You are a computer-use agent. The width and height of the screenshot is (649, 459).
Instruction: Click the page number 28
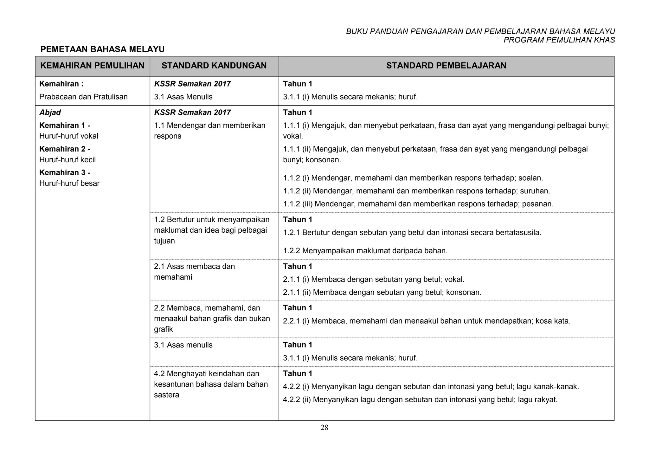coord(324,428)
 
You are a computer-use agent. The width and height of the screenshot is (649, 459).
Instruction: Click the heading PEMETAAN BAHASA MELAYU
coord(102,49)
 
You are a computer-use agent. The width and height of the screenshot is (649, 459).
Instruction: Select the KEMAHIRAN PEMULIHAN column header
coord(92,66)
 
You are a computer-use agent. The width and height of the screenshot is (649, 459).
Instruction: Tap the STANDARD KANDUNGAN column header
coord(214,66)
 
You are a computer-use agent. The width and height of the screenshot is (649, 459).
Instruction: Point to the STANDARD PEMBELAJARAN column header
coord(446,66)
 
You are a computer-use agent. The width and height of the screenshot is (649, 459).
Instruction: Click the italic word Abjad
coord(50,113)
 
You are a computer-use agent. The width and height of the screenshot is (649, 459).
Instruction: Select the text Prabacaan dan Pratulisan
coord(83,97)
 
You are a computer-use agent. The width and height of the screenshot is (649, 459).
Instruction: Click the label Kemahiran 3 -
coord(65,173)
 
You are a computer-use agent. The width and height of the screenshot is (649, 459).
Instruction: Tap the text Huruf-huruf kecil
coord(67,160)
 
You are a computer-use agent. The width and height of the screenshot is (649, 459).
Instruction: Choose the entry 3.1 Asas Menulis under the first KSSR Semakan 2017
coord(183,97)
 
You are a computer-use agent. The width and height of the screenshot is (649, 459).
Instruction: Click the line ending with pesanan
coord(418,204)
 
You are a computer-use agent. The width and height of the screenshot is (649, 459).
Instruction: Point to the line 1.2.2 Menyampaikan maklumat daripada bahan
coord(365,251)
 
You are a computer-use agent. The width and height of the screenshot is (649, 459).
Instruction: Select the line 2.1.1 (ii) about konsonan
coord(382,293)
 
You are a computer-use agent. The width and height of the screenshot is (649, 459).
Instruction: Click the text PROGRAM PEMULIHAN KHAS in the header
coord(559,40)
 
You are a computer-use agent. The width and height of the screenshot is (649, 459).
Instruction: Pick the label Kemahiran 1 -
coord(65,126)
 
